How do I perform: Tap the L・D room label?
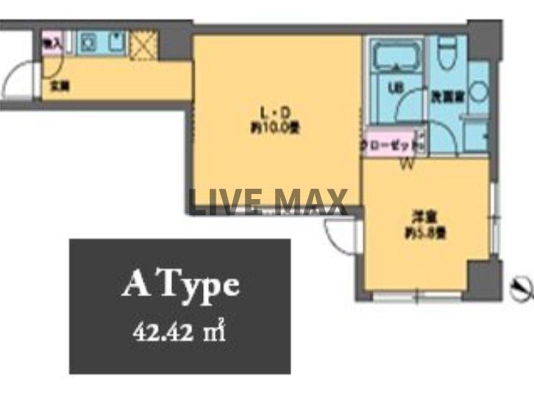tap(277, 112)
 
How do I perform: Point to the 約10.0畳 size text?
tap(277, 126)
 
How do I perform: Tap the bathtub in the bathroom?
tap(395, 58)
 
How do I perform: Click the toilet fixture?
tap(446, 53)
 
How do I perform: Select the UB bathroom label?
tap(394, 90)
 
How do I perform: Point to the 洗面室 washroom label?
tap(446, 95)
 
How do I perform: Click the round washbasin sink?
tap(478, 93)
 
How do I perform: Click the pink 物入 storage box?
tap(51, 43)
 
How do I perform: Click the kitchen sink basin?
tap(116, 43)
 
